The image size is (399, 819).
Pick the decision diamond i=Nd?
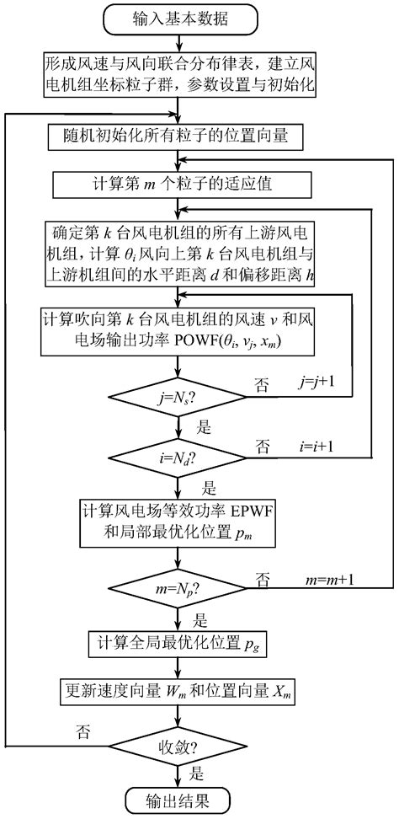[175, 458]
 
